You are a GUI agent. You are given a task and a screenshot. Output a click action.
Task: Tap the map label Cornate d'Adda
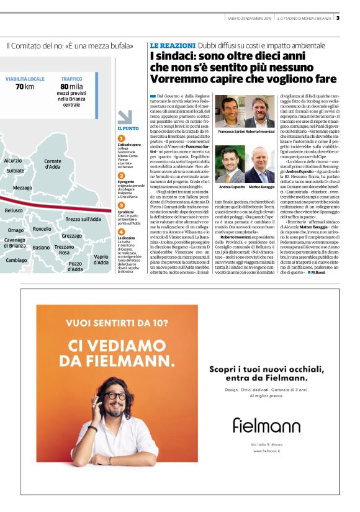pyautogui.click(x=53, y=164)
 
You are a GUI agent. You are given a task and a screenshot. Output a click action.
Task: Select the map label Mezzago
pyautogui.click(x=22, y=187)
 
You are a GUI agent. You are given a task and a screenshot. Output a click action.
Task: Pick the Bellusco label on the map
pyautogui.click(x=14, y=211)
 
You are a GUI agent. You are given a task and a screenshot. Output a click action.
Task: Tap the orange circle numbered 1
pyautogui.click(x=122, y=138)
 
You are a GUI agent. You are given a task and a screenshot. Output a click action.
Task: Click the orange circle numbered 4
pyautogui.click(x=122, y=231)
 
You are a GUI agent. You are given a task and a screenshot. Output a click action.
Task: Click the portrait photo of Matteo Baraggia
pyautogui.click(x=259, y=164)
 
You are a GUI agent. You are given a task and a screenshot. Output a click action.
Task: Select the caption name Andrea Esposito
pyautogui.click(x=232, y=187)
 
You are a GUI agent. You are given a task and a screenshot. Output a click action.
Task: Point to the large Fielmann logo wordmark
pyautogui.click(x=266, y=424)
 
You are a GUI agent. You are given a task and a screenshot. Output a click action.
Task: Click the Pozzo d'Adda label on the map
pyautogui.click(x=76, y=266)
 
